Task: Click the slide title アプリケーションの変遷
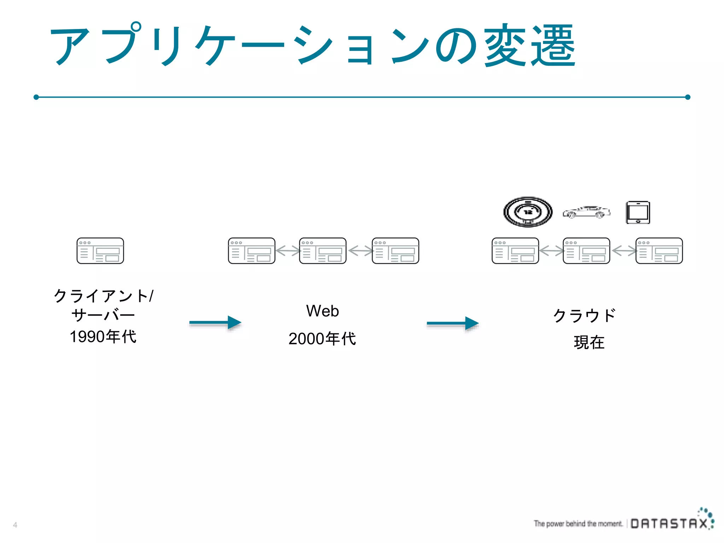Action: tap(313, 45)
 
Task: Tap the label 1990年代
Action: tap(103, 337)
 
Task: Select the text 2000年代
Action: tap(322, 339)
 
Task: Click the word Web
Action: tap(322, 311)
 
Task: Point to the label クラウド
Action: tap(584, 315)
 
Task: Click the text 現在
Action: tap(589, 342)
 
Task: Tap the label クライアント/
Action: tap(104, 296)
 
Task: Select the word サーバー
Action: tap(103, 315)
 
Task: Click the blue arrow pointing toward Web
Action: tap(215, 323)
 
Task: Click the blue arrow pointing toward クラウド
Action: tap(453, 323)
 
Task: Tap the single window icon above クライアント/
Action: tap(100, 251)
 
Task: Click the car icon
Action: tap(586, 212)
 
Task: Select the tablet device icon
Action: tap(638, 212)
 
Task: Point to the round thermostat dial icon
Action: tap(528, 212)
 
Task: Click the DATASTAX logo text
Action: tap(669, 523)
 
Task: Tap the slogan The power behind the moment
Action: tap(578, 524)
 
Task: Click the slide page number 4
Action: tap(15, 525)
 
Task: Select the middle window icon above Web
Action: tap(322, 251)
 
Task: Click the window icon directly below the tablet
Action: tap(659, 251)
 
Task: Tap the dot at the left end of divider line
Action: tap(36, 97)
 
